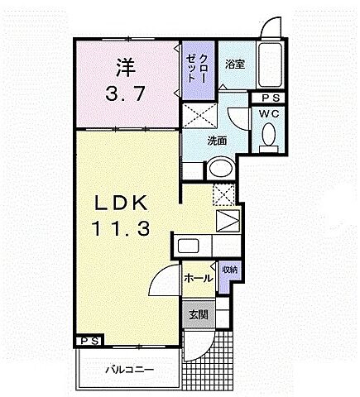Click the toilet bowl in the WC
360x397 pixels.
coord(270,134)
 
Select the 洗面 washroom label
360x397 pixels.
coord(217,139)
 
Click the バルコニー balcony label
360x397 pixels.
coord(128,368)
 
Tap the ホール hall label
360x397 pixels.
coord(196,279)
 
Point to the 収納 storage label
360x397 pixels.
coord(229,270)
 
